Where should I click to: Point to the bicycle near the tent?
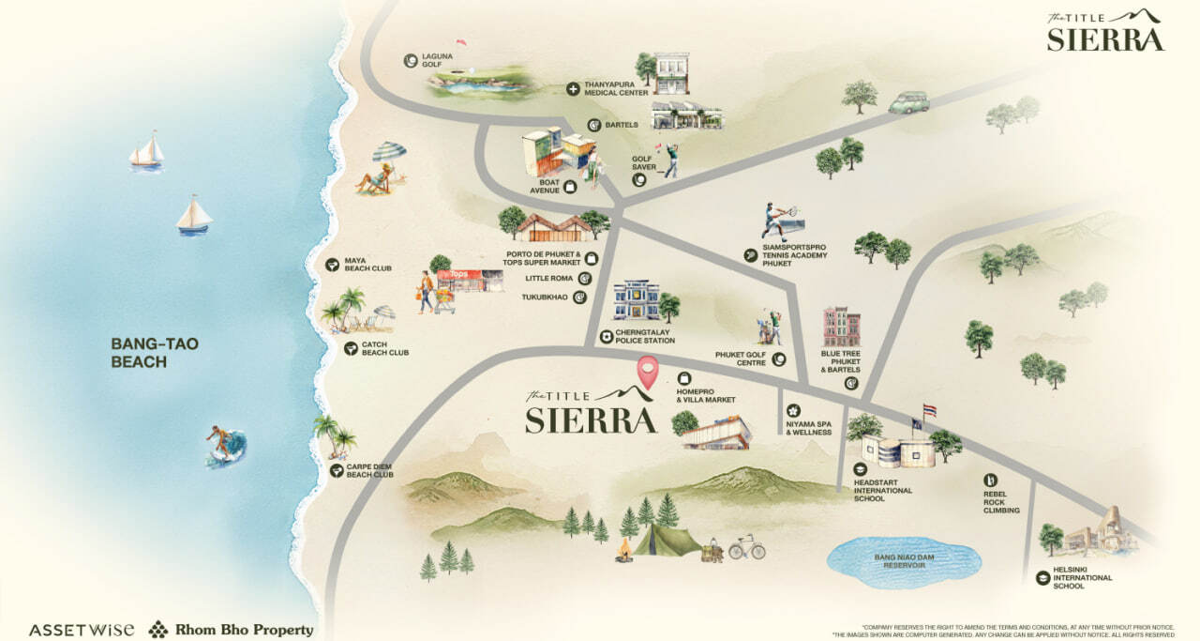click(746, 547)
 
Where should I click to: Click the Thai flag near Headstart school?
click(929, 411)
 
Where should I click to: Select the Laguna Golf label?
click(437, 61)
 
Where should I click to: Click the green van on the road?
click(908, 102)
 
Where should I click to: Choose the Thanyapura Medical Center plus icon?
click(573, 89)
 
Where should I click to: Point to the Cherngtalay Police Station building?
click(637, 300)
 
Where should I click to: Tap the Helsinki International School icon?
click(1042, 578)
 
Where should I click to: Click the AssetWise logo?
click(82, 630)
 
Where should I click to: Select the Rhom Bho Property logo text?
click(244, 630)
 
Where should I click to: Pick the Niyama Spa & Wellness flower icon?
click(793, 410)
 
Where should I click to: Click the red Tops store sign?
click(458, 275)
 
